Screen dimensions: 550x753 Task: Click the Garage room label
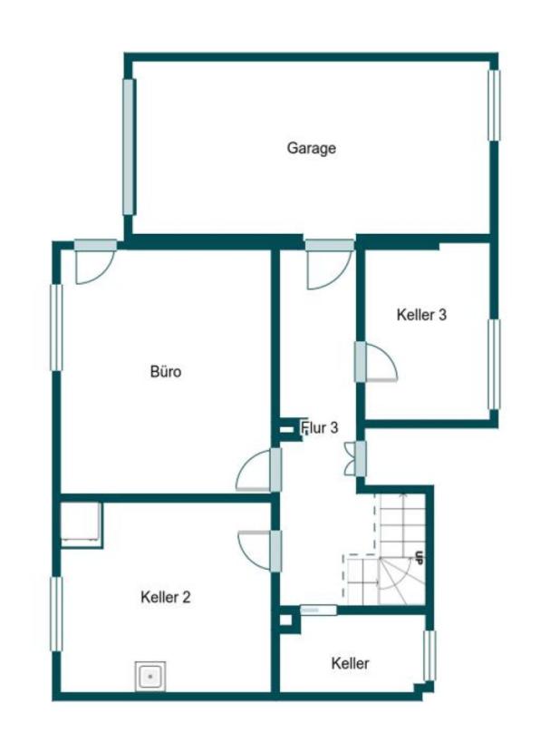[x=311, y=148]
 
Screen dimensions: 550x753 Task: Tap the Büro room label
[x=166, y=371]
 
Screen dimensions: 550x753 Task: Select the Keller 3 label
[x=421, y=315]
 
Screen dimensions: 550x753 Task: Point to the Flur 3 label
[x=319, y=427]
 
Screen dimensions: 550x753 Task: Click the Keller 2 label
[x=166, y=597]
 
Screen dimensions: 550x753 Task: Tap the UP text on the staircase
[x=420, y=557]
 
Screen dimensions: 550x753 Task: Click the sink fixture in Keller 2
[x=150, y=676]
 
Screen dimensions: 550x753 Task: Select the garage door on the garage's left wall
[x=129, y=146]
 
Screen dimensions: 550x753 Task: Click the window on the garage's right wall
[x=494, y=105]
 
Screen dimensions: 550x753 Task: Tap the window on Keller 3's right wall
[x=494, y=365]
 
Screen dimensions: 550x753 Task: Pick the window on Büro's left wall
[x=56, y=328]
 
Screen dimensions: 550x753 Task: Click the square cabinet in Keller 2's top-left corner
[x=81, y=524]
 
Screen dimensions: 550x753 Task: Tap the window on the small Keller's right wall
[x=429, y=656]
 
